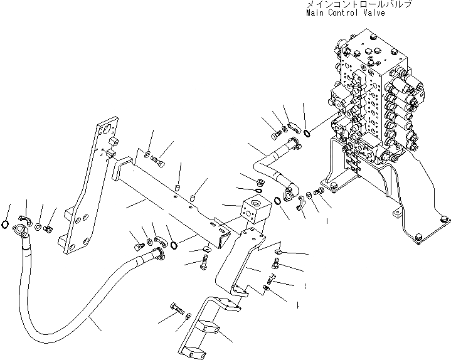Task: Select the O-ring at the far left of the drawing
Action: pyautogui.click(x=6, y=225)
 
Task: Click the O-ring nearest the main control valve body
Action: pyautogui.click(x=307, y=132)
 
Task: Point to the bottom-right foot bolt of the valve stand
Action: pyautogui.click(x=445, y=221)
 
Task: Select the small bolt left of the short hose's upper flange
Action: pyautogui.click(x=274, y=133)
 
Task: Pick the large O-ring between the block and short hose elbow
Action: pyautogui.click(x=277, y=202)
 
